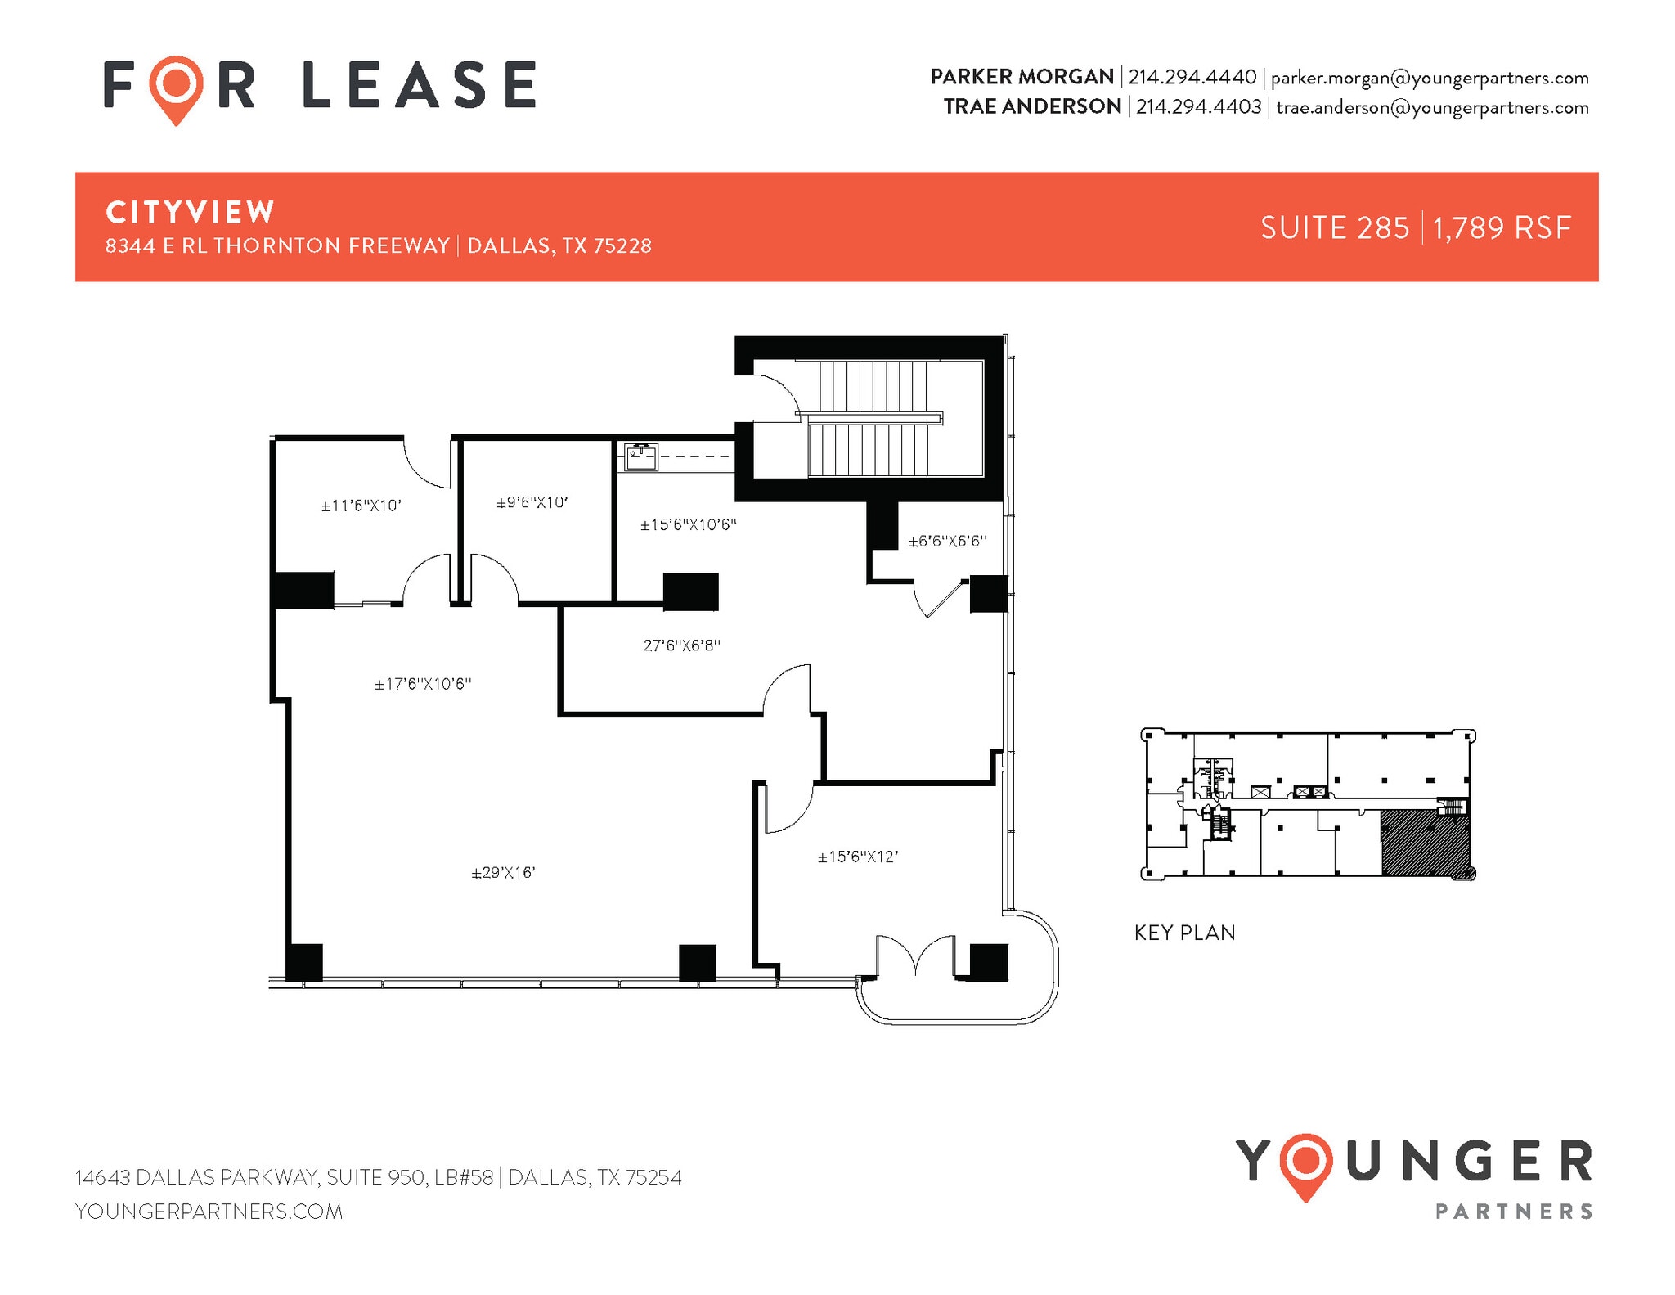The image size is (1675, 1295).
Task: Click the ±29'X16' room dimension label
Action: pos(503,873)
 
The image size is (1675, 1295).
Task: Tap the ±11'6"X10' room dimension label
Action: pos(361,506)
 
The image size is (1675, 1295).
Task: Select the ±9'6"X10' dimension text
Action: pos(532,502)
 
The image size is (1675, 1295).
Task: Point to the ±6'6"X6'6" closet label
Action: pos(947,541)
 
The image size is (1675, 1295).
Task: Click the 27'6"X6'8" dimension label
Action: pos(681,645)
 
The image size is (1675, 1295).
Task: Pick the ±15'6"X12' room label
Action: pos(858,857)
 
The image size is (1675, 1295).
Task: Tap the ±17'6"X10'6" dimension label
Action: pos(423,684)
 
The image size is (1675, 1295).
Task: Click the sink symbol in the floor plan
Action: pos(641,456)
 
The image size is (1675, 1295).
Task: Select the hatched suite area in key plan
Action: pos(1424,843)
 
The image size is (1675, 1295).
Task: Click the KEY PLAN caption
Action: pos(1184,933)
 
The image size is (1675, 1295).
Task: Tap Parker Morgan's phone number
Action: pos(1192,77)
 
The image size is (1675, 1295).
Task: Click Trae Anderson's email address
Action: pos(1432,107)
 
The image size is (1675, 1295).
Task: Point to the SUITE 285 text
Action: pos(1335,227)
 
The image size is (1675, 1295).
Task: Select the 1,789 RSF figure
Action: pos(1502,227)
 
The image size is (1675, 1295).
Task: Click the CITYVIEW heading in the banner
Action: pos(190,213)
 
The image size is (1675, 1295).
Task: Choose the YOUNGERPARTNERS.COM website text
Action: pos(209,1212)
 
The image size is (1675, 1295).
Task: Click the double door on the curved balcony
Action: pos(915,957)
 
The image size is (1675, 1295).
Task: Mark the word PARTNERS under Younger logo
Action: pos(1514,1212)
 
